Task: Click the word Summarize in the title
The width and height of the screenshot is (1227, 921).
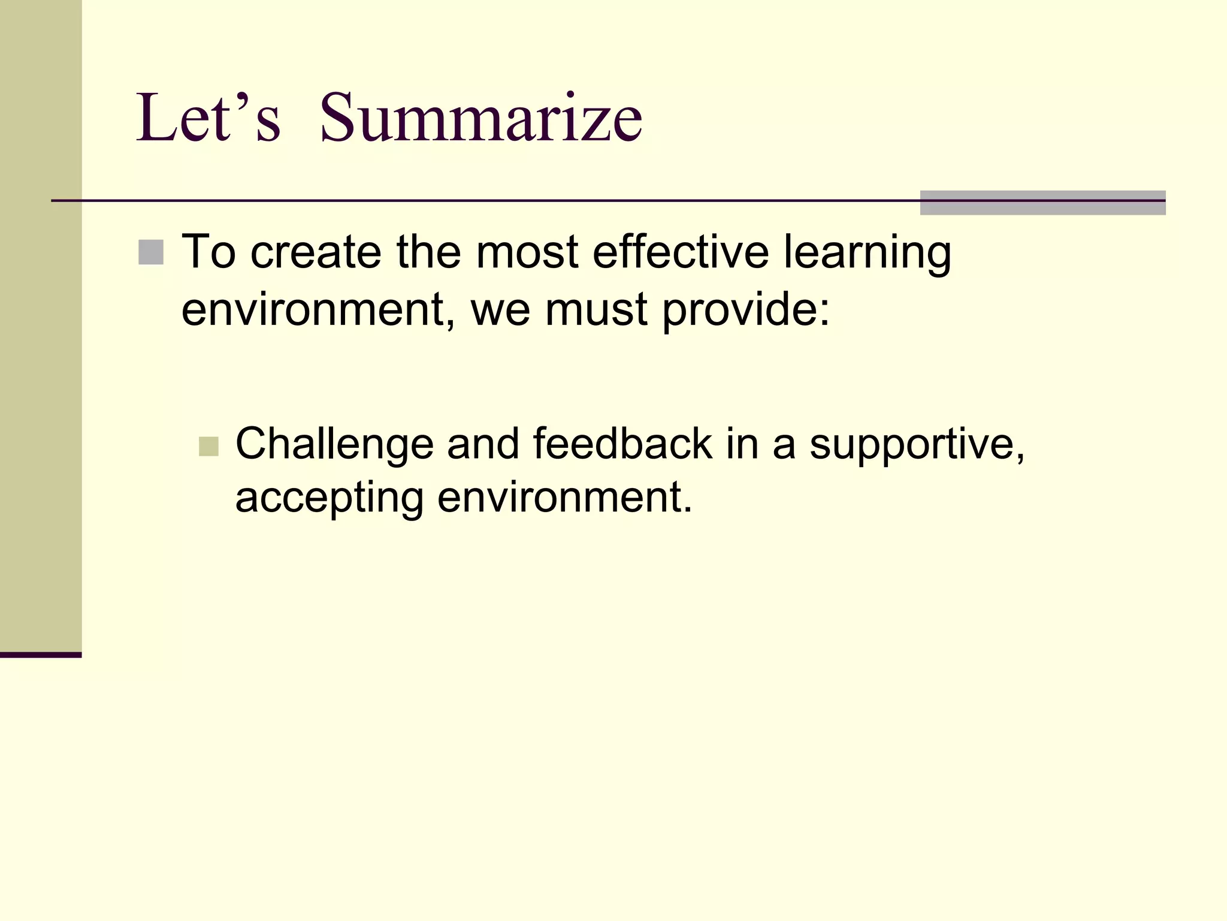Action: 481,118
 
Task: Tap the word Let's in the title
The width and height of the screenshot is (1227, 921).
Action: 208,118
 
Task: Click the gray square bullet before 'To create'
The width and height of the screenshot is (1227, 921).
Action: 150,252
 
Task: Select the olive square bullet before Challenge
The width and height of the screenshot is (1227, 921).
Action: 208,446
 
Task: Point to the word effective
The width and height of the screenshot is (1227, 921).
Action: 680,252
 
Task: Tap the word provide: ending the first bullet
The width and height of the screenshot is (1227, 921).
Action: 746,311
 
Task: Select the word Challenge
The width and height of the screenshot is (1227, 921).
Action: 334,445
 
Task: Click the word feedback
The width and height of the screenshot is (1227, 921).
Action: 622,444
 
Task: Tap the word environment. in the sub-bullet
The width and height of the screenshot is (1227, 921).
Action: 564,498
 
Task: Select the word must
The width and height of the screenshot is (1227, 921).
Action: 596,311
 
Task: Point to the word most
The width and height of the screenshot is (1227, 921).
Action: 527,252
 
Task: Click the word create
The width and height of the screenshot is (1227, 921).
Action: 316,252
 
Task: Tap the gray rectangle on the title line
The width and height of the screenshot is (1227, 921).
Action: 1042,203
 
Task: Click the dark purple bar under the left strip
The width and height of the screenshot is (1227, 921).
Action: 41,655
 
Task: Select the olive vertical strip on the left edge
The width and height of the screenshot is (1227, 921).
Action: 41,324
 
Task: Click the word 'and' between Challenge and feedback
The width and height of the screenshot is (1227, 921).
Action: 483,444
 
